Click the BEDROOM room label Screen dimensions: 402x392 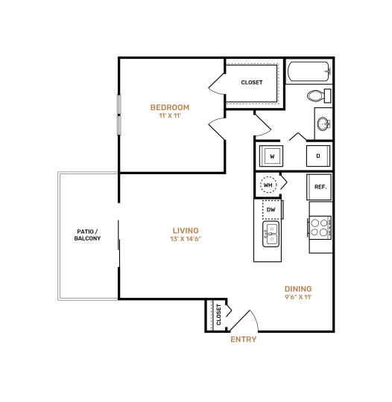click(170, 107)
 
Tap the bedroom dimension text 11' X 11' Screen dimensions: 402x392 click(170, 116)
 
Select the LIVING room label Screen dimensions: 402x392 click(186, 231)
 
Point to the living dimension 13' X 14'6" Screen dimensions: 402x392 click(186, 240)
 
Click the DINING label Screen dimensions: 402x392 click(298, 289)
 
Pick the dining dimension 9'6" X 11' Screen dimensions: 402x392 click(298, 298)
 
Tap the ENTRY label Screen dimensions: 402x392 click(243, 339)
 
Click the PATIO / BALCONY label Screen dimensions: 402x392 click(87, 234)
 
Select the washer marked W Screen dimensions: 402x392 click(272, 156)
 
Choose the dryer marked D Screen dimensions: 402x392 click(318, 156)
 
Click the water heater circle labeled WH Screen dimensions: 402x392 click(268, 185)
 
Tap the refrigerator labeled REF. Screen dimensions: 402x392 click(320, 186)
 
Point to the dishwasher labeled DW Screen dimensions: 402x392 click(271, 211)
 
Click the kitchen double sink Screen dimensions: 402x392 click(271, 235)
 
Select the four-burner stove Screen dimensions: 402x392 click(320, 227)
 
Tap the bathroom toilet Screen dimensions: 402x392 click(318, 96)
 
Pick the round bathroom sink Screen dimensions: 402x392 click(324, 124)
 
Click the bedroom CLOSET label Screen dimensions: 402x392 click(252, 83)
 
